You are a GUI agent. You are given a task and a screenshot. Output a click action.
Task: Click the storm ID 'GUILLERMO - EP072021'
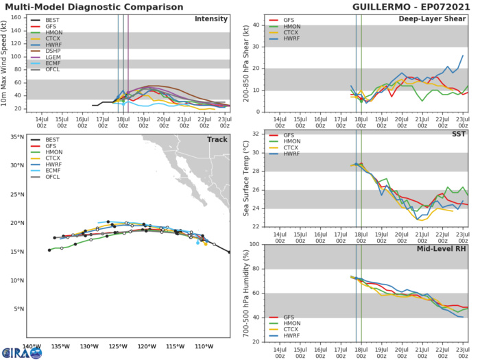[416, 6]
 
